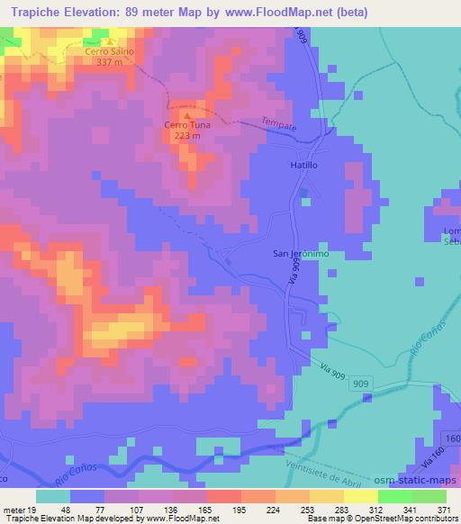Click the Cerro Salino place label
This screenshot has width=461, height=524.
click(x=109, y=52)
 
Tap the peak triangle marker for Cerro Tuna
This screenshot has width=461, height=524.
click(x=187, y=114)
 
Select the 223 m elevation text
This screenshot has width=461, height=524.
click(x=187, y=135)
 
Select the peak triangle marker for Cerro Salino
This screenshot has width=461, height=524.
click(x=109, y=41)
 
